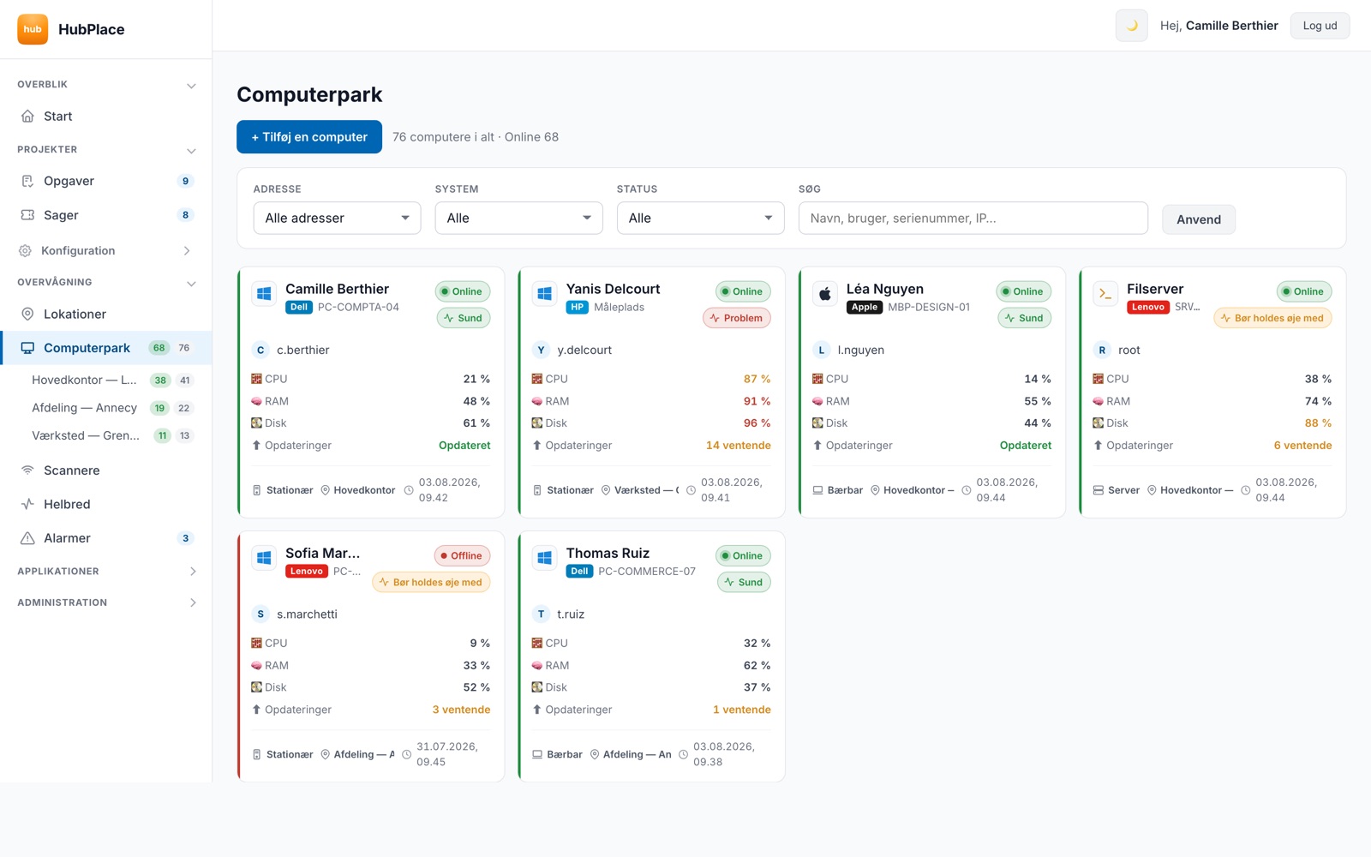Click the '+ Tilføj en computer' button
tap(309, 136)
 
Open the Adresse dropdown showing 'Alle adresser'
tap(337, 218)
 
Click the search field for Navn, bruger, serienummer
tap(973, 218)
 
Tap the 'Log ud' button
tap(1320, 26)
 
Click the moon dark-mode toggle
tap(1131, 26)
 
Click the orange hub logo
tap(33, 29)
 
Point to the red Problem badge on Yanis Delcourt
tap(736, 318)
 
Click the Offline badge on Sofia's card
tap(462, 556)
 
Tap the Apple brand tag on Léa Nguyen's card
tap(865, 307)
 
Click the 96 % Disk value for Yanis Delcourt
tap(757, 423)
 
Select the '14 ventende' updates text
tap(738, 445)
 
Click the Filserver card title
tap(1155, 289)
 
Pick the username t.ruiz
tap(571, 614)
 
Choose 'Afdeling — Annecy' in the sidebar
tap(85, 408)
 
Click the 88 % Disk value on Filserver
tap(1318, 423)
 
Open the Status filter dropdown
tap(700, 218)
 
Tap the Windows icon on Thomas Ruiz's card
tap(544, 558)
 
